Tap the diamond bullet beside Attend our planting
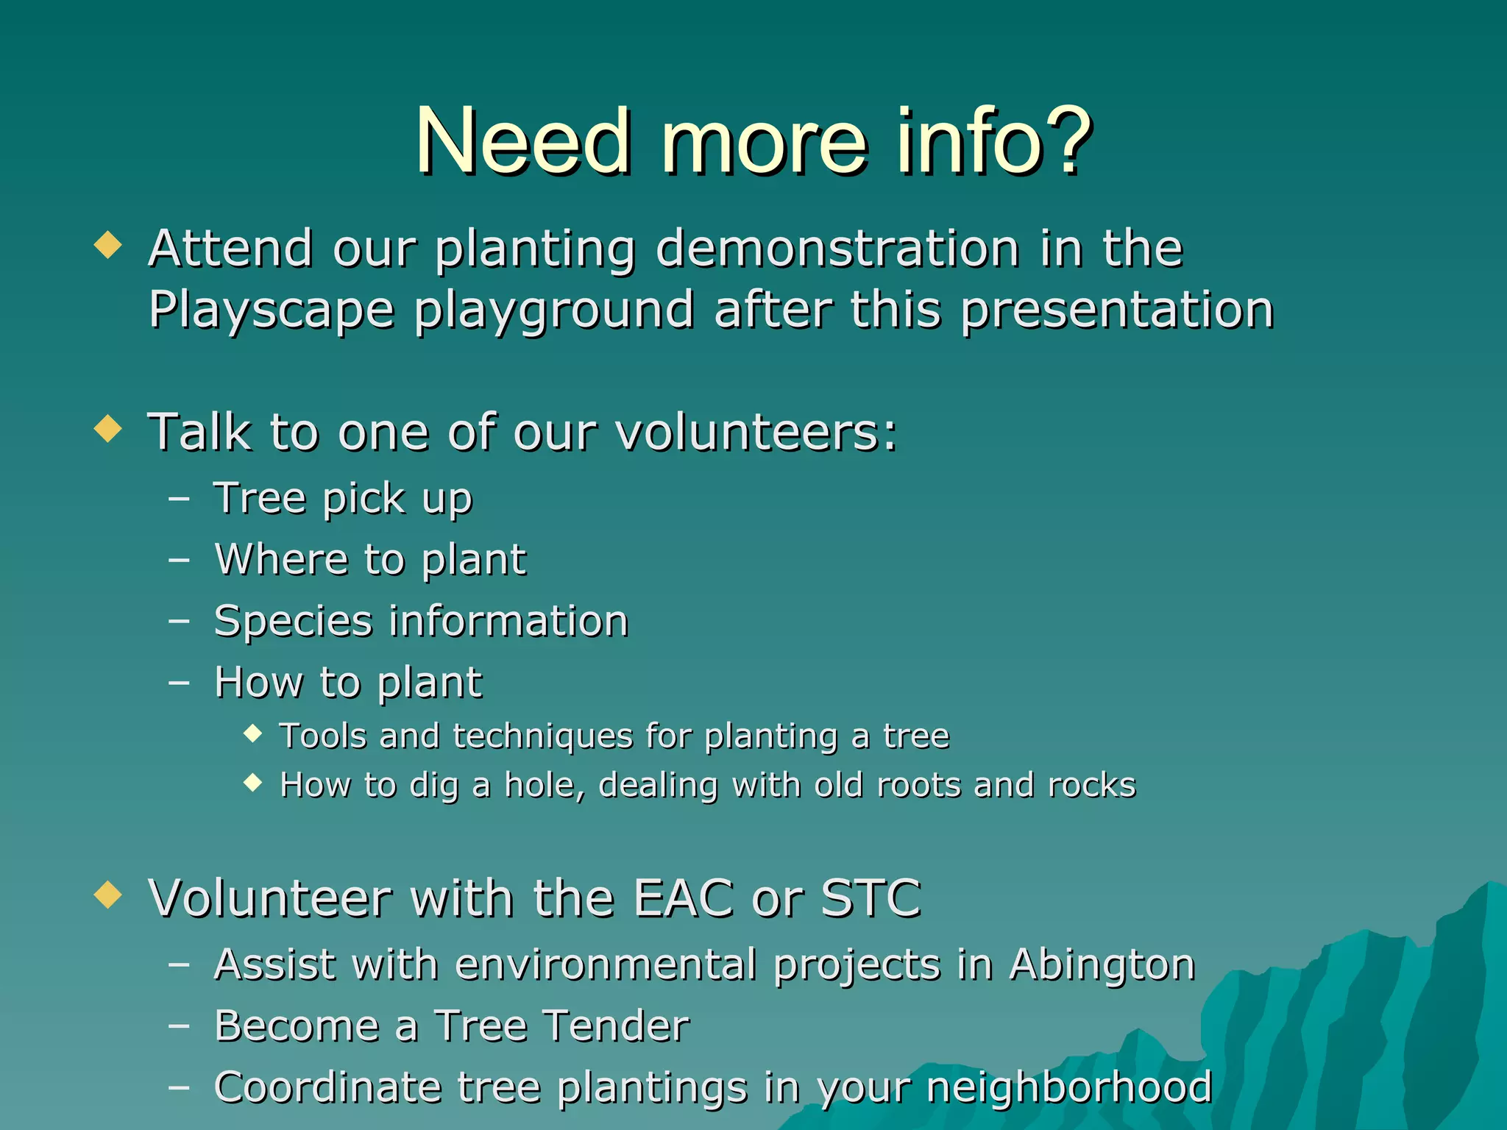tap(108, 245)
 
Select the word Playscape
tap(272, 310)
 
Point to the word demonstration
tap(837, 248)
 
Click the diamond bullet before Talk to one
tap(108, 428)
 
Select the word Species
tap(293, 622)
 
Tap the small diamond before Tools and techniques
tap(252, 733)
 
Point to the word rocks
tap(1092, 785)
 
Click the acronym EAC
tap(684, 898)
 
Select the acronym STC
tap(870, 898)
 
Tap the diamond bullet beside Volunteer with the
tap(108, 895)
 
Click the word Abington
tap(1102, 964)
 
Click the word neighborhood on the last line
tap(1069, 1087)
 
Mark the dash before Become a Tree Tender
tap(179, 1026)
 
